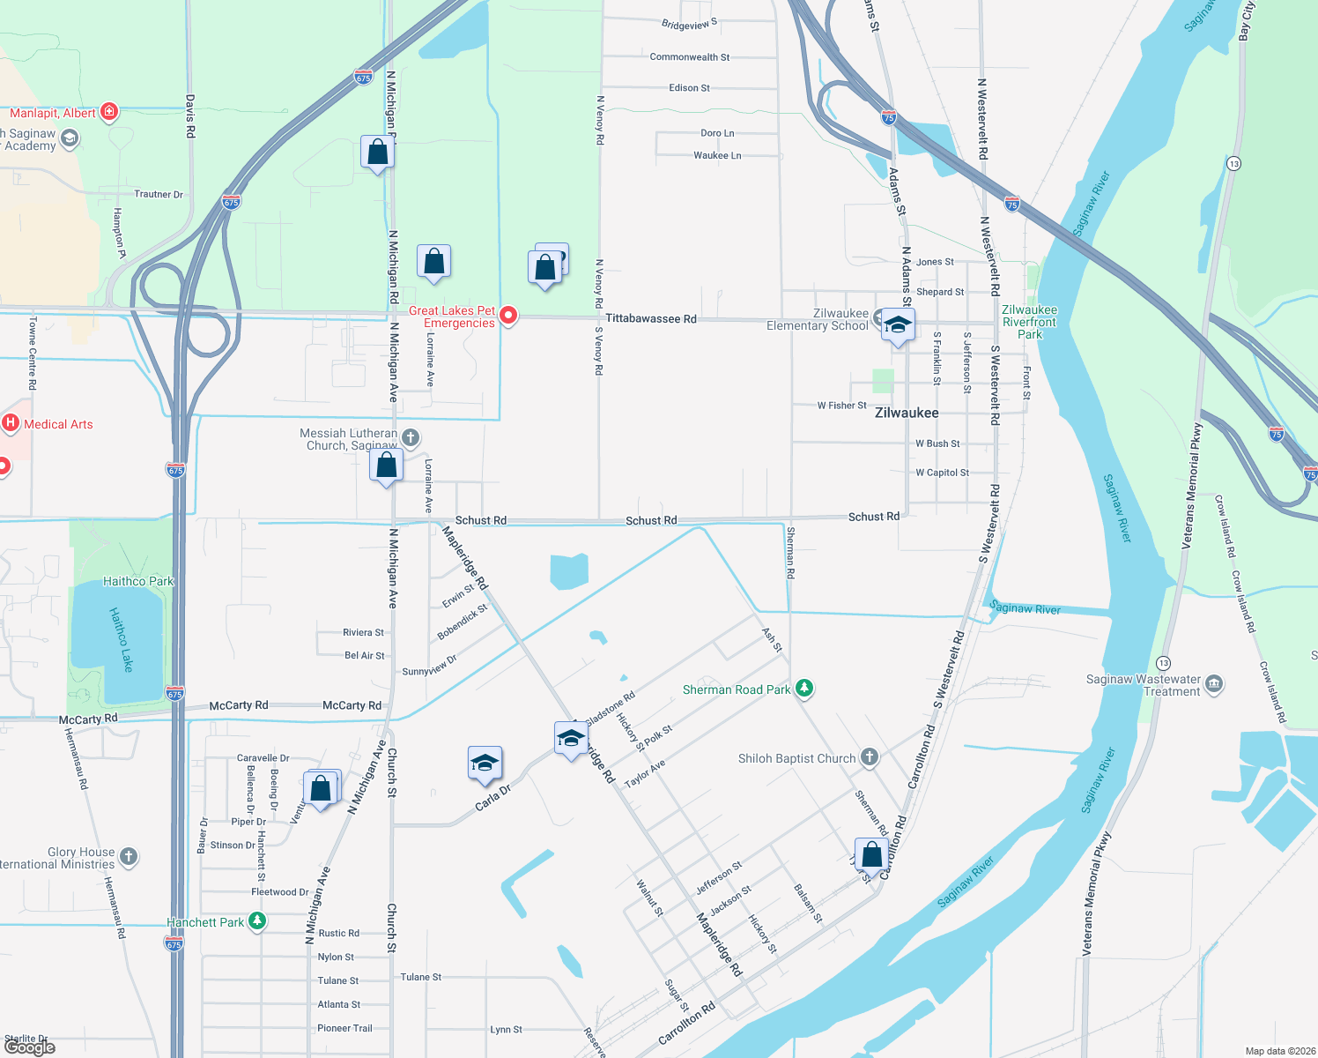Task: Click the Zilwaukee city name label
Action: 907,413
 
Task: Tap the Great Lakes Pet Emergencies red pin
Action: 508,315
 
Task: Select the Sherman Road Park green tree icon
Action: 803,688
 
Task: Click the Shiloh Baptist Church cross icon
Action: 870,756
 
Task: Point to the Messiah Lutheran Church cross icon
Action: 410,437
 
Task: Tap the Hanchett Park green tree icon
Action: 256,921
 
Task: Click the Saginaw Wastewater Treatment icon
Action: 1214,684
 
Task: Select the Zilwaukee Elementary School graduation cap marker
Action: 897,325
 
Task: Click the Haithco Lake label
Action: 122,639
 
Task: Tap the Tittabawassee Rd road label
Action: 651,318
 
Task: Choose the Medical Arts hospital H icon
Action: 11,423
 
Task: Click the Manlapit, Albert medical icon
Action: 109,111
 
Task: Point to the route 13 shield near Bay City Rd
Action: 1233,163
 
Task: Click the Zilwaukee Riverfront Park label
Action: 1029,322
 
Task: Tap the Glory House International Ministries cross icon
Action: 129,856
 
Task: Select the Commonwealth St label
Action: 689,57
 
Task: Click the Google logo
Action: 30,1047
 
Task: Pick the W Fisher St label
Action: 841,406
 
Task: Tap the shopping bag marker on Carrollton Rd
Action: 870,854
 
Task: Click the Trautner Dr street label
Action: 159,194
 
